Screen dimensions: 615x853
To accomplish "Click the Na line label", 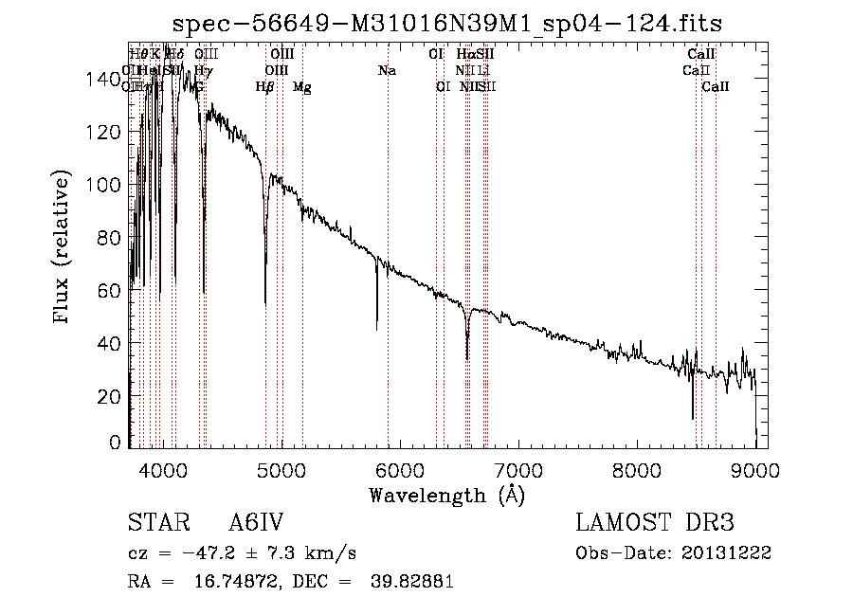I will pyautogui.click(x=387, y=70).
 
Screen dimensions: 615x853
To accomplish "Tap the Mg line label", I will pyautogui.click(x=302, y=87).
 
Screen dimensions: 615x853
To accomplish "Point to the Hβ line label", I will pyautogui.click(x=264, y=87).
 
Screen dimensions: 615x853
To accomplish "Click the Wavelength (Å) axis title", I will pyautogui.click(x=446, y=495).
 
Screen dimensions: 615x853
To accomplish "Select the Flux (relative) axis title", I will pyautogui.click(x=64, y=248).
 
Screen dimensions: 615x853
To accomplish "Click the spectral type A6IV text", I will pyautogui.click(x=257, y=523).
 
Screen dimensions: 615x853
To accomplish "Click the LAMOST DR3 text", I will pyautogui.click(x=654, y=523).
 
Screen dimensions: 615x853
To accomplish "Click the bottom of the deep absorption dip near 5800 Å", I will pyautogui.click(x=377, y=329).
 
